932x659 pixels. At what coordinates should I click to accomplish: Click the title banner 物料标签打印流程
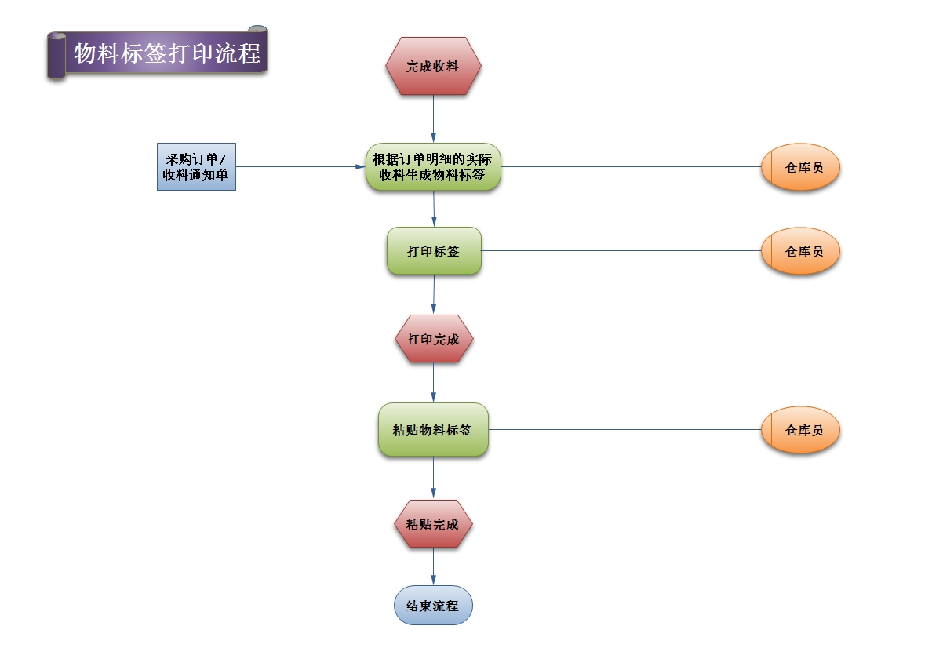(x=166, y=53)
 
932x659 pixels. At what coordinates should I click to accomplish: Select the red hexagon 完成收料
(x=433, y=67)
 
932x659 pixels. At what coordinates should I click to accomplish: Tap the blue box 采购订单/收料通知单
(x=196, y=167)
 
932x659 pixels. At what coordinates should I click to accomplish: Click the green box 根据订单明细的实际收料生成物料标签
(x=433, y=167)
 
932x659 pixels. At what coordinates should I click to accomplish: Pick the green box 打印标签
(x=434, y=251)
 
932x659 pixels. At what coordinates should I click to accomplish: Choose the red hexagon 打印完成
(x=433, y=340)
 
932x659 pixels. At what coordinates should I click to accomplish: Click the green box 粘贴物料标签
(x=433, y=430)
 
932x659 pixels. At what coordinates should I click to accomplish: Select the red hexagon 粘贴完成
(x=433, y=524)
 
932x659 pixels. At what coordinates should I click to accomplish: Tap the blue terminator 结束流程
(x=433, y=606)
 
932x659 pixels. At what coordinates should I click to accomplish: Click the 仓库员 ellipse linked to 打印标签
(x=800, y=251)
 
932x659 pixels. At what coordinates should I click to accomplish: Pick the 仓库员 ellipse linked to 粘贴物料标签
(x=800, y=430)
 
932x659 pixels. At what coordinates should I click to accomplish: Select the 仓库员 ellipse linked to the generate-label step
(x=800, y=167)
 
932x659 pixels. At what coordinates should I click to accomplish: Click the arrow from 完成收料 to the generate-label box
(x=433, y=119)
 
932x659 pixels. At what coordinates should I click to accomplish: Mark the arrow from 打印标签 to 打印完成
(x=434, y=295)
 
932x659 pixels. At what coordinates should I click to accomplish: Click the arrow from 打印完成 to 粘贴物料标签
(x=433, y=383)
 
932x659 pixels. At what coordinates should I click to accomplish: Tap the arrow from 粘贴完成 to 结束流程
(x=433, y=566)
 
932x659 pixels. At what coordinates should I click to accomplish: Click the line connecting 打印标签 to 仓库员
(x=620, y=251)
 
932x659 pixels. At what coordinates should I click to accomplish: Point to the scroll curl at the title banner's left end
(x=56, y=55)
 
